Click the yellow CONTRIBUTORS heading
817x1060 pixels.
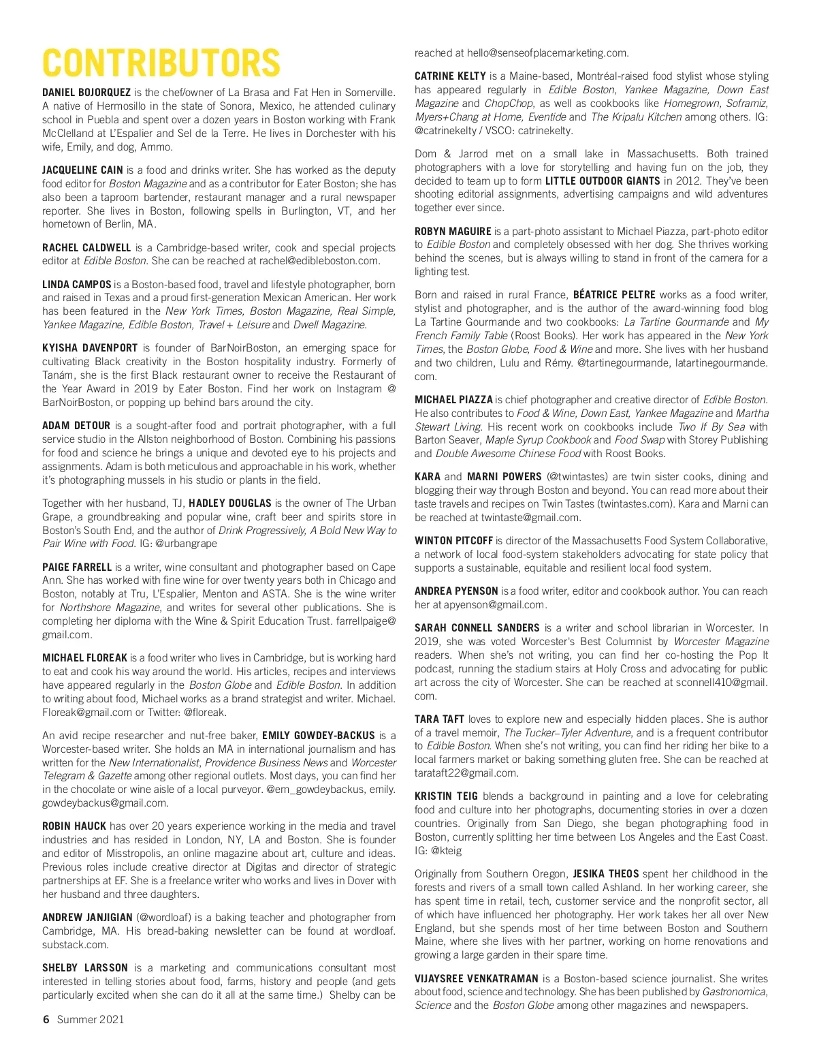point(161,63)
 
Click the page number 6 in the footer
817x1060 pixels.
point(46,1019)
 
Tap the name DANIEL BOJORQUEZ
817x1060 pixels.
point(86,93)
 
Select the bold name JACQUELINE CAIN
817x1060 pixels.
point(82,170)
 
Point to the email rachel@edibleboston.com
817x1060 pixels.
point(319,261)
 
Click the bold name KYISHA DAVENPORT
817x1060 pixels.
point(90,348)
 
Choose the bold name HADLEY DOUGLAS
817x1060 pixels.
point(230,503)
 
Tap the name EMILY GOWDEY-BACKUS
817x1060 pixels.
point(318,736)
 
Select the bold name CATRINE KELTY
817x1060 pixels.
point(450,76)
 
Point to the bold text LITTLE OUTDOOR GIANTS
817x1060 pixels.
point(603,181)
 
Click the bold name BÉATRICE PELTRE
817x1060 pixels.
point(614,295)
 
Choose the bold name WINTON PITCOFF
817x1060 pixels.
point(453,541)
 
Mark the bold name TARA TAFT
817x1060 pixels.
point(439,719)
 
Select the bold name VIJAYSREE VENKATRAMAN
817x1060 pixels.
point(477,979)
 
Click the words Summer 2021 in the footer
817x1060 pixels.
point(91,1019)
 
